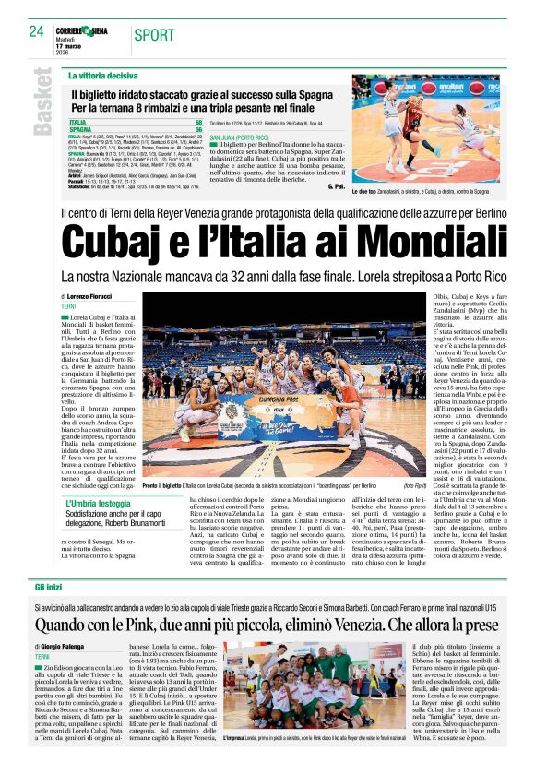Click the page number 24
pyautogui.click(x=37, y=31)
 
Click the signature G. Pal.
pyautogui.click(x=335, y=187)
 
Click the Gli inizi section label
pyautogui.click(x=49, y=586)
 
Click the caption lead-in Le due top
pyautogui.click(x=366, y=191)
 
